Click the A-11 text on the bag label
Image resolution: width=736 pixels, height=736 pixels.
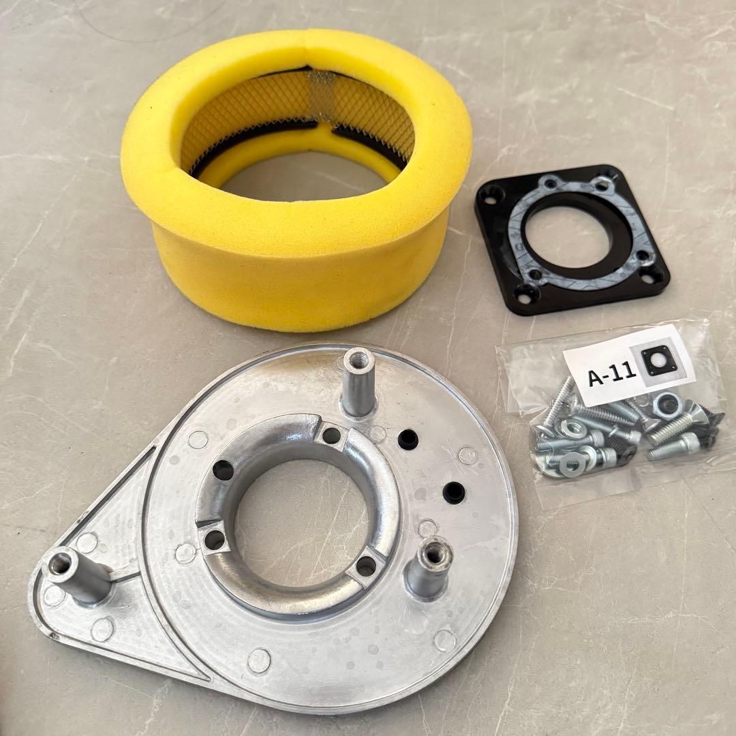coord(611,375)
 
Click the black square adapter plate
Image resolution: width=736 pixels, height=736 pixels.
coord(572,239)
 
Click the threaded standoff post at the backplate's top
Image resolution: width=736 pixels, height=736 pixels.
coord(358,383)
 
